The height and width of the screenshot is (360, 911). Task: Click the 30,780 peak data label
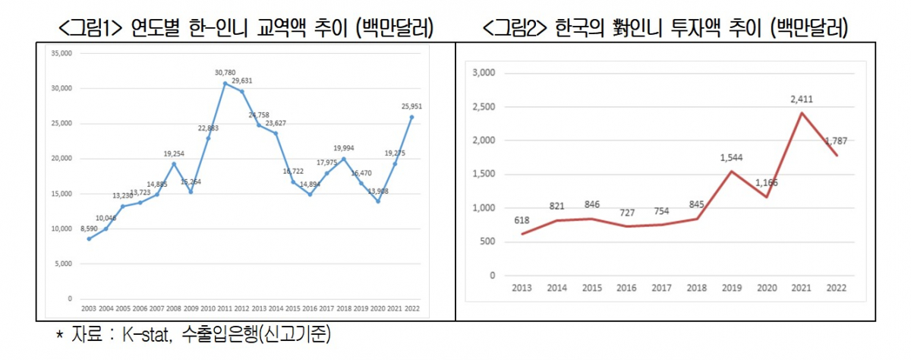point(225,73)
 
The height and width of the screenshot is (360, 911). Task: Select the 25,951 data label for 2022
point(411,106)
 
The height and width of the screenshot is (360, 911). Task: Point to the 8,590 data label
point(90,228)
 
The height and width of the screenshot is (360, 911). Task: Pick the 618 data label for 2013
point(522,221)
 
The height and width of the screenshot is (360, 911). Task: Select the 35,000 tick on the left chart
point(61,53)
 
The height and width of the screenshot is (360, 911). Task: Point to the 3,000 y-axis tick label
point(484,73)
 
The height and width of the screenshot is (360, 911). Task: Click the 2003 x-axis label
point(90,309)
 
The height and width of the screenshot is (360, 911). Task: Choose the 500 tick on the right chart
point(487,242)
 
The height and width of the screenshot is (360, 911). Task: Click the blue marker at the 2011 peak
point(225,83)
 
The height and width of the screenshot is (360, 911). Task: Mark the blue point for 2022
point(411,116)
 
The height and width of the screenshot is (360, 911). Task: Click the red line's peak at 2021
point(800,113)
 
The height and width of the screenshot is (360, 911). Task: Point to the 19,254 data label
point(174,153)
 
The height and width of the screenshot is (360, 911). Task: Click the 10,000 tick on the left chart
point(61,229)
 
